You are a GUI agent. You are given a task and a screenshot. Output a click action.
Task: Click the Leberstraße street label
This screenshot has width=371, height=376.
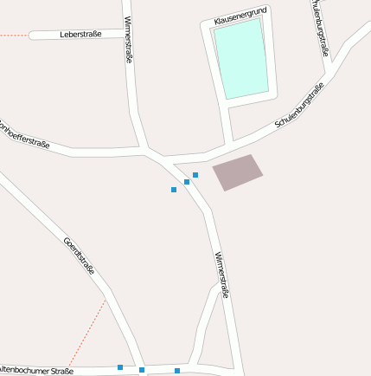[80, 35]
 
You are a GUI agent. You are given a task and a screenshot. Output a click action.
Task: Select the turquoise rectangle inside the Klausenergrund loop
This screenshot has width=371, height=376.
[240, 58]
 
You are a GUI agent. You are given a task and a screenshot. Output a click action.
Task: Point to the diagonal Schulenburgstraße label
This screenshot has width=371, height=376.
[299, 106]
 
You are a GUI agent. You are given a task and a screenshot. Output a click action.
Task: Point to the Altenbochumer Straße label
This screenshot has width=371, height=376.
[39, 370]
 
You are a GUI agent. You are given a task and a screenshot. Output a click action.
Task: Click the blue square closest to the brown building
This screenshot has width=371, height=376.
[195, 175]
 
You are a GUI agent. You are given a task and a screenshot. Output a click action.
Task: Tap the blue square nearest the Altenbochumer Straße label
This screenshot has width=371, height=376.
[120, 367]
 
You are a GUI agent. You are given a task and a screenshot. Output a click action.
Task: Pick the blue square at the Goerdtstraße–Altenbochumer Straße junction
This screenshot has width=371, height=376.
[142, 370]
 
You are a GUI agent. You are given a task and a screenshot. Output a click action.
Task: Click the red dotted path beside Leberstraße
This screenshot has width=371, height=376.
[13, 35]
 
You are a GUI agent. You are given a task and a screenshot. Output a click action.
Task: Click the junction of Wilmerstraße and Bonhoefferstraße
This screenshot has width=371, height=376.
[148, 152]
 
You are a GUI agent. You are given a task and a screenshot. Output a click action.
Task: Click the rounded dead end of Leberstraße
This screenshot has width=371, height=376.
[34, 36]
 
